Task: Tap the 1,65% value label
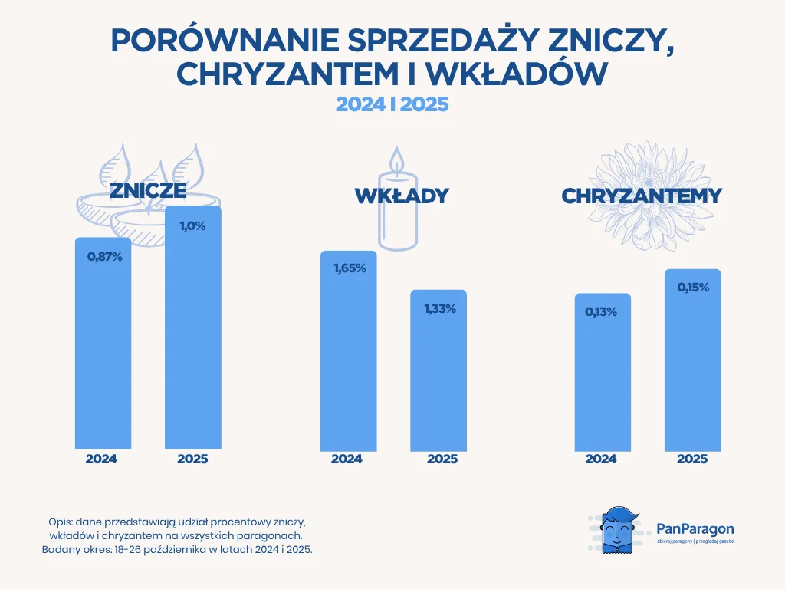point(349,269)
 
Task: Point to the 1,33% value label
point(439,308)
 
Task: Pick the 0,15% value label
point(693,288)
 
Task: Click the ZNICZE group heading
point(148,191)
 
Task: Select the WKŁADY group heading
point(401,196)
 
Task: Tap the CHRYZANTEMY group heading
point(642,196)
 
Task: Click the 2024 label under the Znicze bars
point(101,459)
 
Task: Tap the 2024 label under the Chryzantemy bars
point(601,459)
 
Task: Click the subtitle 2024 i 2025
point(392,104)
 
